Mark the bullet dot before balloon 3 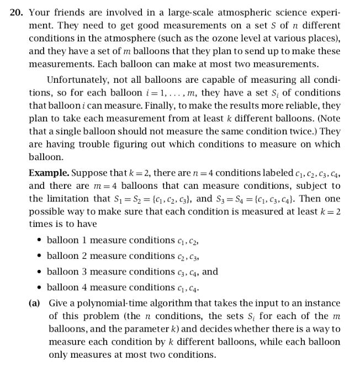38,272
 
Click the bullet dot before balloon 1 38,241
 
